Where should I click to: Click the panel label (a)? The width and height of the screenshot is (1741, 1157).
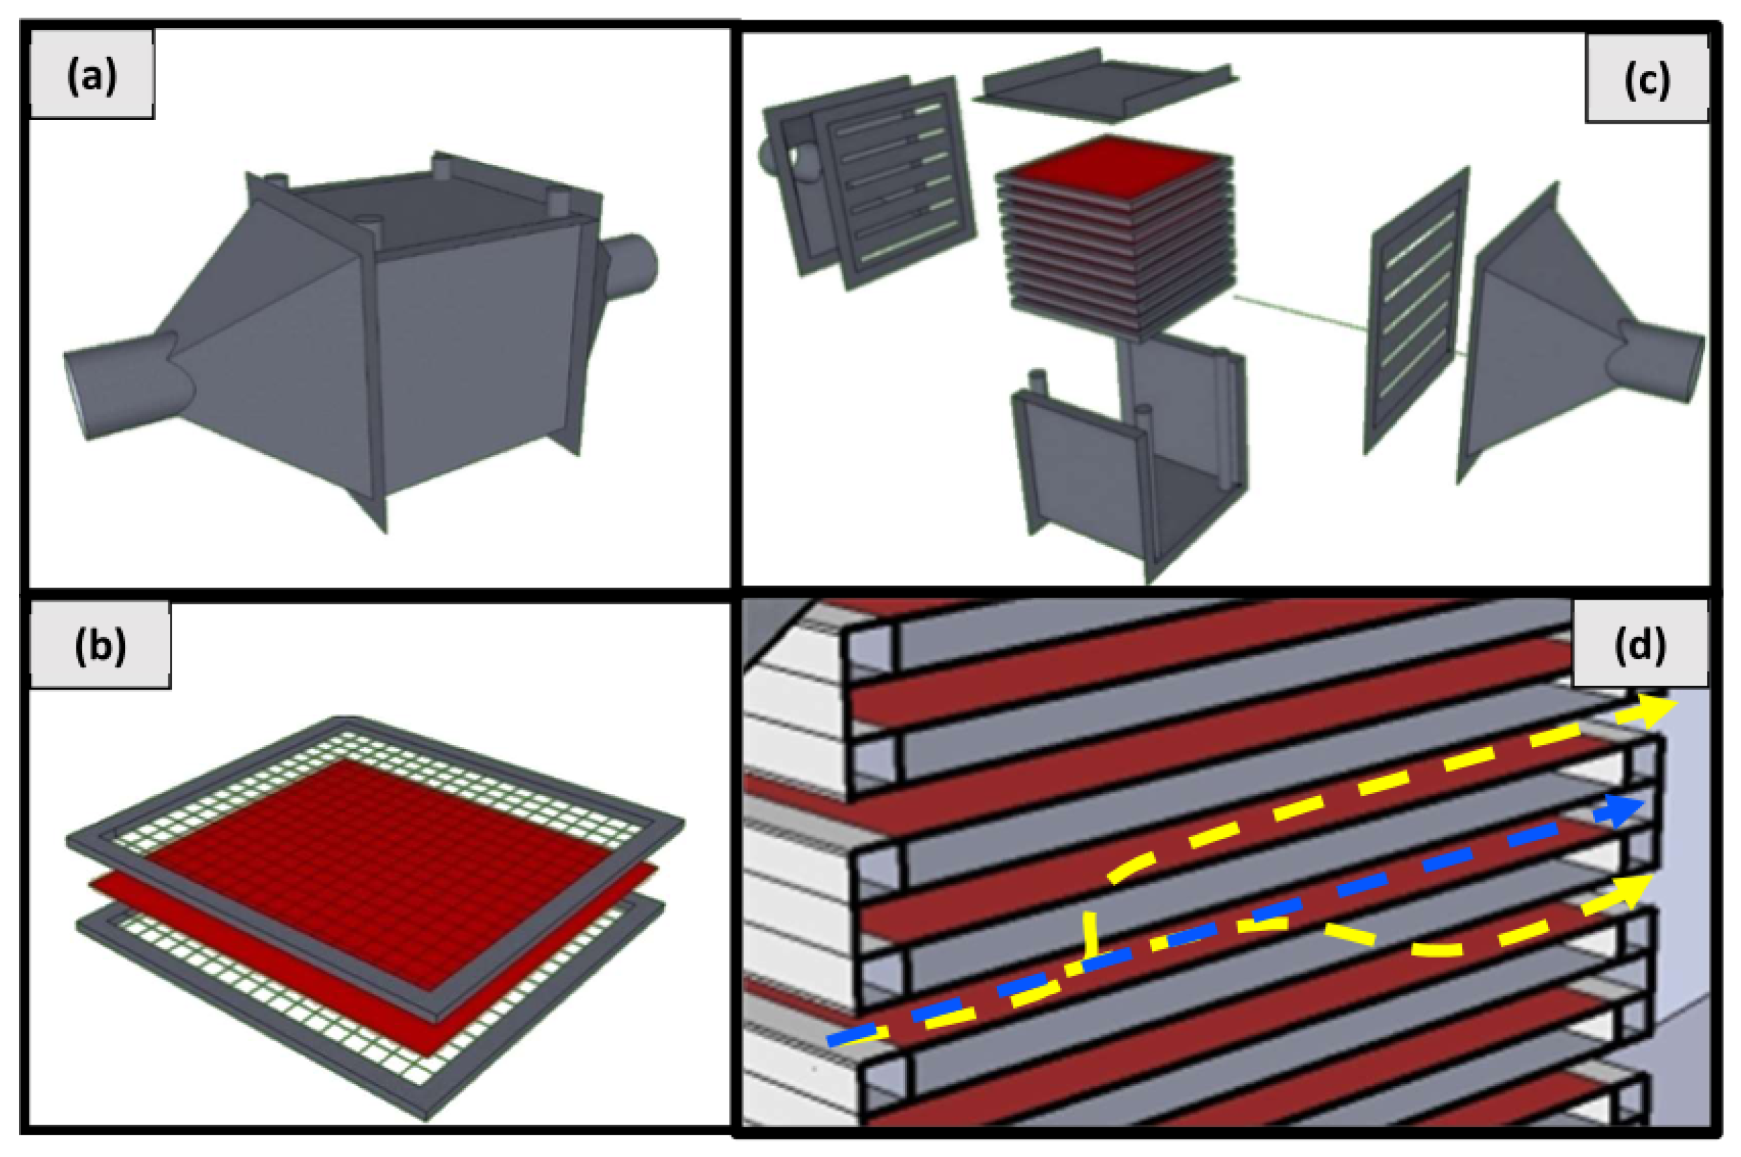(x=91, y=75)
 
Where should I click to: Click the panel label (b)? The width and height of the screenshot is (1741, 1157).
(x=100, y=645)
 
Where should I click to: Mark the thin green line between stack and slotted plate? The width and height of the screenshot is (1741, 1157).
(x=1303, y=313)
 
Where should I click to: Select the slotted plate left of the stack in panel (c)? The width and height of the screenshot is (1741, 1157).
(x=896, y=182)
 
